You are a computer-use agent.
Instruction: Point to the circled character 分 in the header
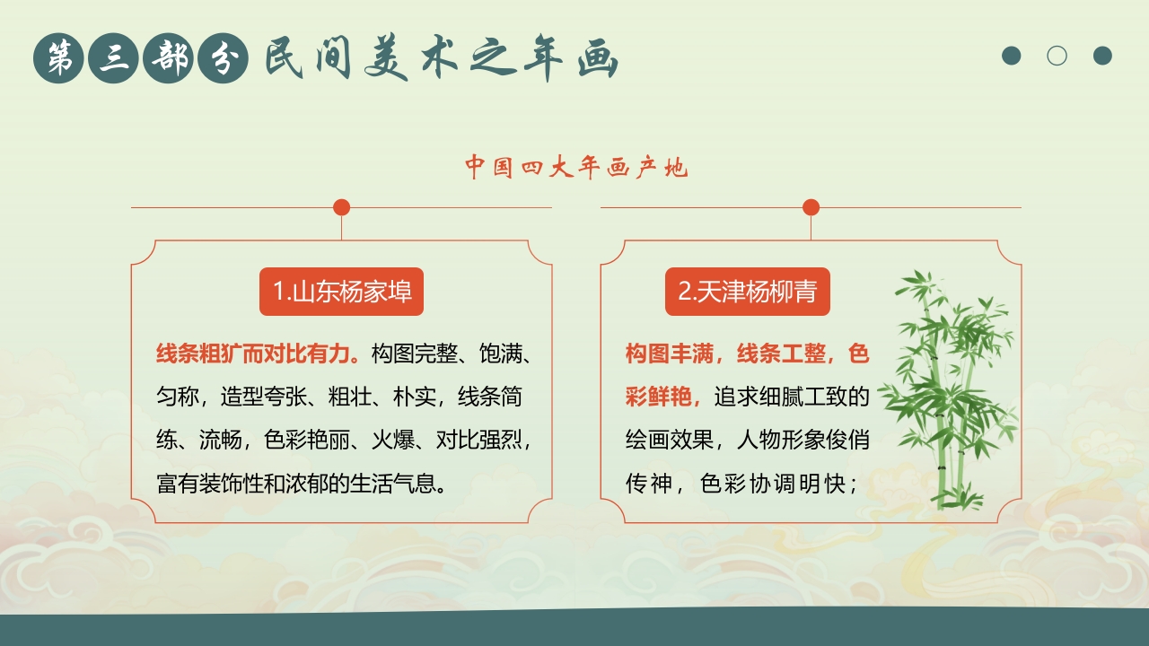pos(222,58)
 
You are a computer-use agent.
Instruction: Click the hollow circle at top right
pos(1057,56)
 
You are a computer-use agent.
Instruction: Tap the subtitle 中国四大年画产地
pos(575,167)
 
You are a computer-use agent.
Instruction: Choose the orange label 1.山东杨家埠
pos(341,292)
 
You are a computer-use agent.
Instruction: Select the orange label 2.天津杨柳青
pos(747,292)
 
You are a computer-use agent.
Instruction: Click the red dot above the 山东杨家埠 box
pos(341,207)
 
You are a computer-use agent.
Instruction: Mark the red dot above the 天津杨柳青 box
pos(811,207)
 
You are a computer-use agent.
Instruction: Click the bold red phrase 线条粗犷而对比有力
pos(257,354)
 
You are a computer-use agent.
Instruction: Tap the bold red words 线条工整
pos(780,354)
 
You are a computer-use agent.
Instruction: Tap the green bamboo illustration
pos(947,390)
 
